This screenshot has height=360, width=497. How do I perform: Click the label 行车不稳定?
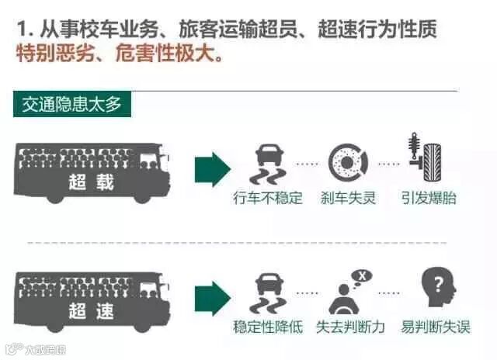[268, 198]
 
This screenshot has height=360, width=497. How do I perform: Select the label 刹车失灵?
[348, 198]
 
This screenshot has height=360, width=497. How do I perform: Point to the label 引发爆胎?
[429, 198]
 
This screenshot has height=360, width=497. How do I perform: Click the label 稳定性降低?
[268, 327]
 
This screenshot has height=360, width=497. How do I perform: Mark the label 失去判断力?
[350, 327]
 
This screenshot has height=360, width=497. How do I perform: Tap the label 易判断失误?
[435, 327]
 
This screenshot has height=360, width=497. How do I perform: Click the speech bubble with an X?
[360, 275]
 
